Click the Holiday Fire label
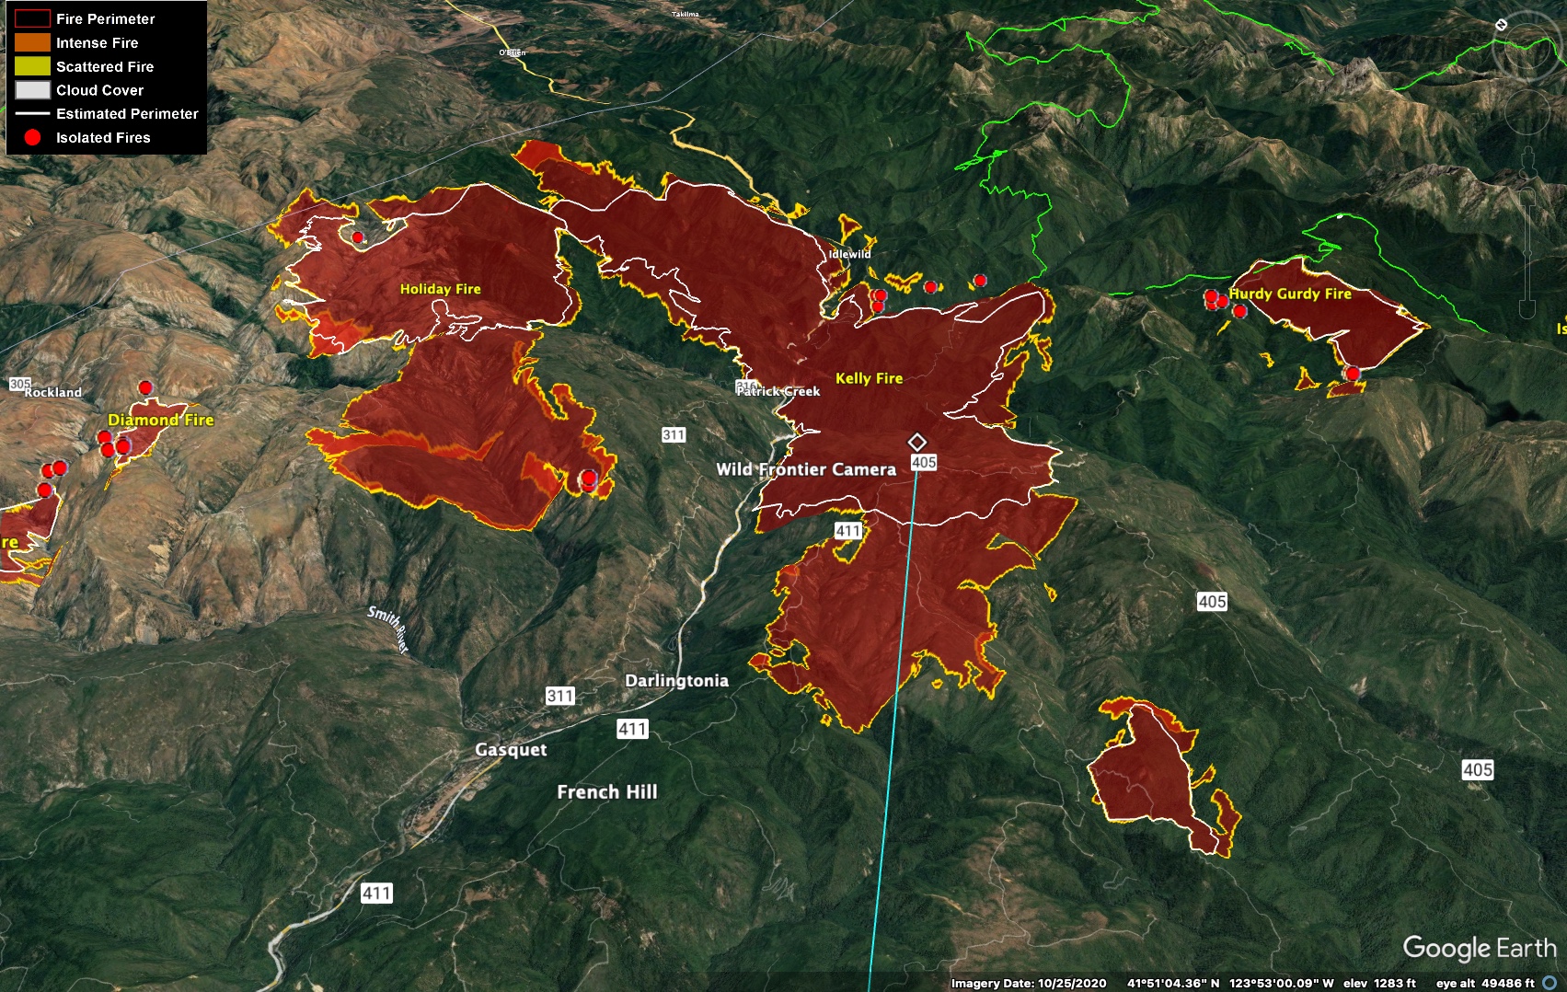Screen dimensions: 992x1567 440,289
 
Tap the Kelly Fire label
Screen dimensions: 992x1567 869,378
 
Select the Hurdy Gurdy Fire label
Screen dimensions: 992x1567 1290,294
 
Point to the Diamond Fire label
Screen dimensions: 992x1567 161,420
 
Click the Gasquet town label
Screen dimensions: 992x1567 511,750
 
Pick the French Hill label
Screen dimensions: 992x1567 607,792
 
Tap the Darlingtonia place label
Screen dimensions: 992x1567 676,681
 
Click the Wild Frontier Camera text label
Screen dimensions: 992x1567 806,469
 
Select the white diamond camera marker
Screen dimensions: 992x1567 916,442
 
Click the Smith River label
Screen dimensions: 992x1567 388,629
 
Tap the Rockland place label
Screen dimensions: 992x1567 53,392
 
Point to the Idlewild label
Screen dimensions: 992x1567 849,254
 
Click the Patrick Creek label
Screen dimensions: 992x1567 779,391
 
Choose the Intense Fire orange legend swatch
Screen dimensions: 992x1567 32,42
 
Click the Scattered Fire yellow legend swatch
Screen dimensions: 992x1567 32,66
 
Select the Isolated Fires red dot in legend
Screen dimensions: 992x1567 32,137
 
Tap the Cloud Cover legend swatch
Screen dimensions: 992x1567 32,90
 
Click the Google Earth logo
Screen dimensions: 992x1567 1479,948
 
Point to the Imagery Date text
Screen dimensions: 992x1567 1028,984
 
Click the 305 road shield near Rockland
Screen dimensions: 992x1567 19,384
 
